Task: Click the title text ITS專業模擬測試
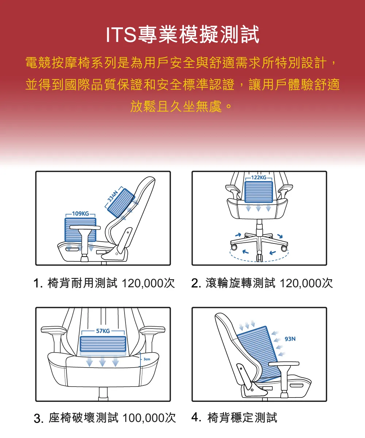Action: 182,35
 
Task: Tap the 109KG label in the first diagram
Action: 80,213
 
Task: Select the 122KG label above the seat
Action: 259,177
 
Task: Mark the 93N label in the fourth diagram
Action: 290,339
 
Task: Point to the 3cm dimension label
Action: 147,360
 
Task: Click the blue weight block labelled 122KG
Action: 258,192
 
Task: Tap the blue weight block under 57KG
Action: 103,344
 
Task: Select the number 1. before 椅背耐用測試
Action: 38,284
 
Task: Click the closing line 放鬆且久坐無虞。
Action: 181,107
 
